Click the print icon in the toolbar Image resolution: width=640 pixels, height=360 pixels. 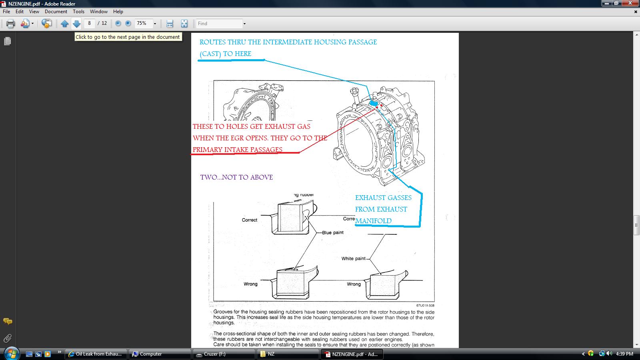click(x=10, y=24)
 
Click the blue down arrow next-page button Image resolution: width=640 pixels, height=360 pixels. click(x=76, y=24)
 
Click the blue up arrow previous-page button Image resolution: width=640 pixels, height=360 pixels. click(x=64, y=24)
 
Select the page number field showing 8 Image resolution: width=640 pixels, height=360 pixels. click(x=90, y=23)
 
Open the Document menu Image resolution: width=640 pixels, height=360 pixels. click(x=56, y=12)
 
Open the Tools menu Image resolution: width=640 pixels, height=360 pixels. click(x=78, y=12)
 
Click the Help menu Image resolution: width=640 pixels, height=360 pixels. click(x=118, y=12)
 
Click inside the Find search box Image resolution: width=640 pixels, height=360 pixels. click(x=219, y=24)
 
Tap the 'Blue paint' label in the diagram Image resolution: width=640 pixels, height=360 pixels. click(x=332, y=232)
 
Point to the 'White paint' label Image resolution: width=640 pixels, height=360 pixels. click(x=354, y=258)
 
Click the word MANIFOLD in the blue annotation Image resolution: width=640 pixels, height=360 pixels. click(x=374, y=221)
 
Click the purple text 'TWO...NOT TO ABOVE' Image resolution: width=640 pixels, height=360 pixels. click(x=236, y=177)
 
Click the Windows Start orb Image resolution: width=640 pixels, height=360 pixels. click(x=12, y=354)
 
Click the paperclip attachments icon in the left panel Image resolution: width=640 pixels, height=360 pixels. click(x=8, y=338)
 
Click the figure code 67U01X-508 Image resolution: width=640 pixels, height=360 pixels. click(x=425, y=306)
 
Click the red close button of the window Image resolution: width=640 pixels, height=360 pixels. click(x=630, y=3)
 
